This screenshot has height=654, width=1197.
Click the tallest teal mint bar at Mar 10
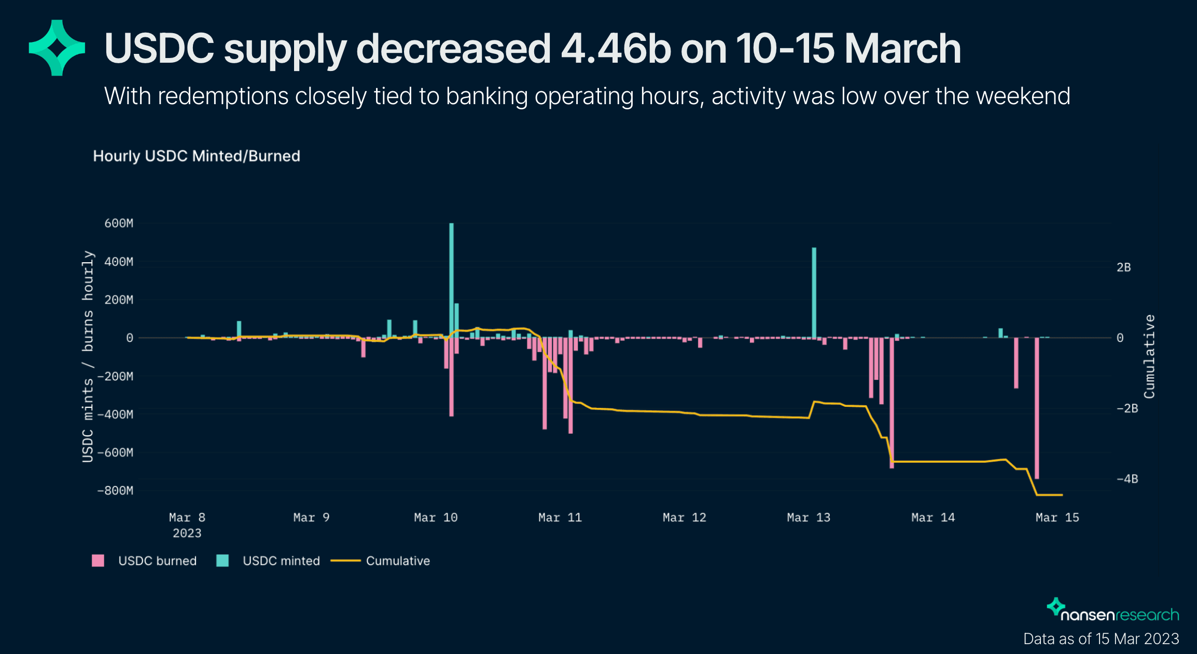(451, 280)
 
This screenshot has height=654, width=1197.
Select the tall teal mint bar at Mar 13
(814, 293)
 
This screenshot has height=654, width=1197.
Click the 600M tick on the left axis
(119, 223)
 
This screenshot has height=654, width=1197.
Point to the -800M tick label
(115, 490)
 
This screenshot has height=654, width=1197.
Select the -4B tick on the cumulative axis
(1127, 479)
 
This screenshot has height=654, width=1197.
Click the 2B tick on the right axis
(1123, 267)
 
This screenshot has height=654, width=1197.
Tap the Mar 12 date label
(684, 517)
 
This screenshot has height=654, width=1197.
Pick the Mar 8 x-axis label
(187, 517)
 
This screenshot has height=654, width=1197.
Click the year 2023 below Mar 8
(187, 533)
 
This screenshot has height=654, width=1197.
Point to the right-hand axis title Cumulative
(1149, 357)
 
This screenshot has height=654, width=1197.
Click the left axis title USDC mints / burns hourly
(88, 357)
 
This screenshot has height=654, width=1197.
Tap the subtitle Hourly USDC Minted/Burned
(197, 156)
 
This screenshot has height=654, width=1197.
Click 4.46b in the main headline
(616, 49)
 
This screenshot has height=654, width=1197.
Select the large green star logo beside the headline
(57, 48)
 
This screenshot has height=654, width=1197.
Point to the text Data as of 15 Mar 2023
(1101, 638)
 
